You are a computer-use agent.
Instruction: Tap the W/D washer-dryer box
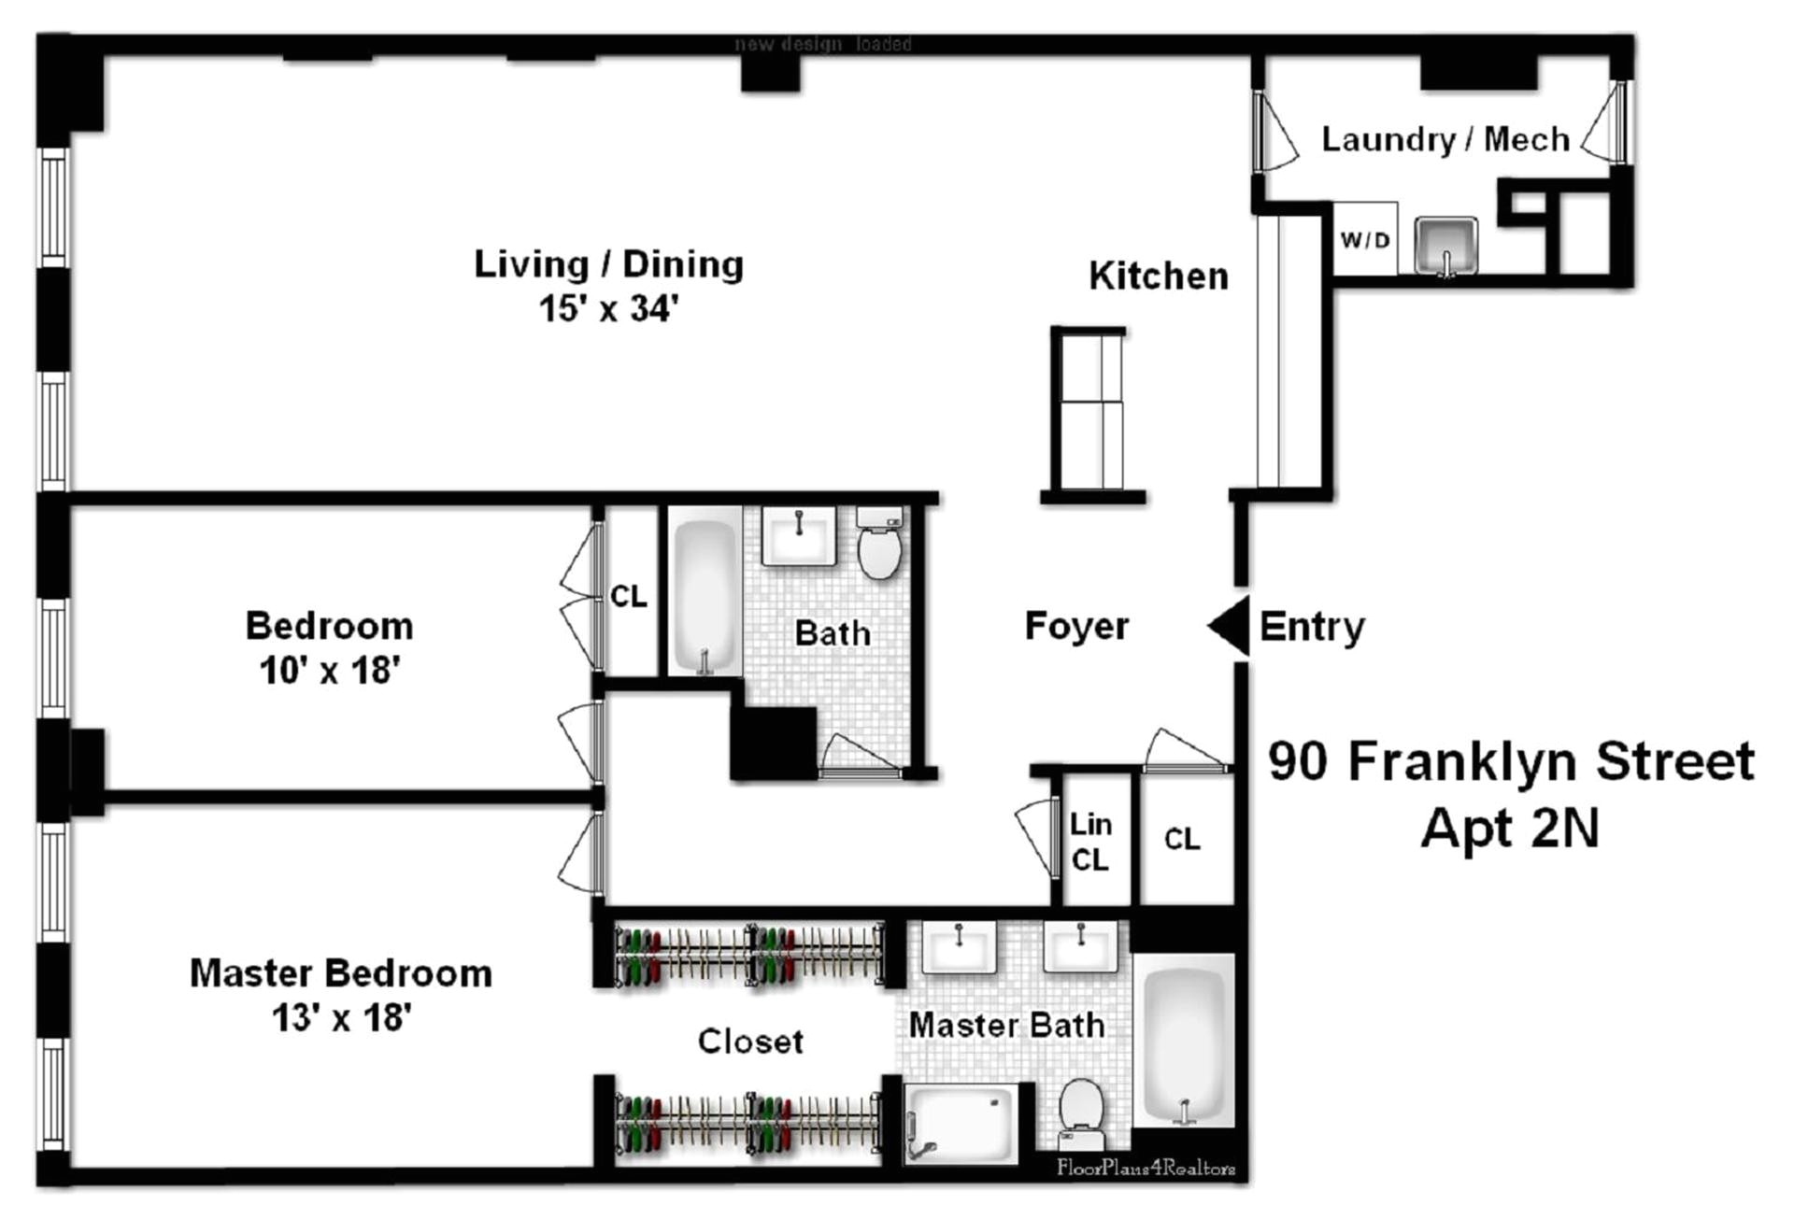pyautogui.click(x=1364, y=240)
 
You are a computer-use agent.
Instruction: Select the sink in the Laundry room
pyautogui.click(x=1445, y=245)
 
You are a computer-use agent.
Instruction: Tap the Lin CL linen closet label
pyautogui.click(x=1090, y=842)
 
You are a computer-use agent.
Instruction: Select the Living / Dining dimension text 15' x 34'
pyautogui.click(x=608, y=309)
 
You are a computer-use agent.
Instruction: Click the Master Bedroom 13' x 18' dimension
pyautogui.click(x=341, y=1017)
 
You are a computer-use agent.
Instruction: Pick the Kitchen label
pyautogui.click(x=1158, y=276)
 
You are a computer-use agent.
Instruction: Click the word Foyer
pyautogui.click(x=1076, y=626)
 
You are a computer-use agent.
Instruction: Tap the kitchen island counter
pyautogui.click(x=1089, y=409)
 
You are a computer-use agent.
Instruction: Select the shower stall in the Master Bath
pyautogui.click(x=961, y=1123)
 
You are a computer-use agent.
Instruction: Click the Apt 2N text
pyautogui.click(x=1510, y=828)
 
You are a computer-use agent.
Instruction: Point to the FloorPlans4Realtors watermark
pyautogui.click(x=1146, y=1168)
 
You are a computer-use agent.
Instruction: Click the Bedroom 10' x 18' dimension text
pyautogui.click(x=330, y=671)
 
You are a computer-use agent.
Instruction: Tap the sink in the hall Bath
pyautogui.click(x=799, y=536)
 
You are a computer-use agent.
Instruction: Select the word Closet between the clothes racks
pyautogui.click(x=750, y=1042)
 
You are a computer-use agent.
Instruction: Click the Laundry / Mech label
pyautogui.click(x=1445, y=139)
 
